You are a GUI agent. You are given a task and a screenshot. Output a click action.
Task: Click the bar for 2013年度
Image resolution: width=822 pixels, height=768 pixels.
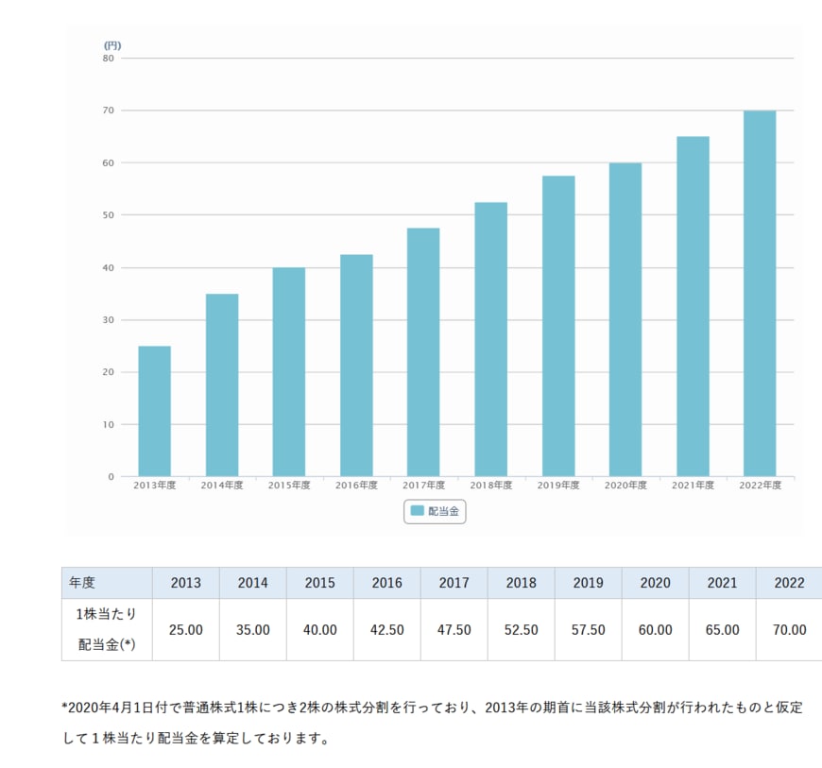(154, 411)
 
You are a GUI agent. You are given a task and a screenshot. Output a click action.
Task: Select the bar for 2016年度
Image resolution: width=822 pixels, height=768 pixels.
(356, 366)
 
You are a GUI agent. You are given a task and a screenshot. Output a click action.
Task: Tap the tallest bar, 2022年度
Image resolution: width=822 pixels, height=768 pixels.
(760, 294)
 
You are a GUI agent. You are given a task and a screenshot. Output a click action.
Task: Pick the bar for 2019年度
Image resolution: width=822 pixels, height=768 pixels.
(557, 326)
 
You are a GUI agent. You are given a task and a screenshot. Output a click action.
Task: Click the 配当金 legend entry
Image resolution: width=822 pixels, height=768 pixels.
(435, 511)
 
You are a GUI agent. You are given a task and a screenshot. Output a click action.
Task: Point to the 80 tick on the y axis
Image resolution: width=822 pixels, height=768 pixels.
(109, 58)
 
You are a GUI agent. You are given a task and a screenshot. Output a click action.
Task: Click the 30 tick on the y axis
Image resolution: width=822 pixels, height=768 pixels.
(109, 319)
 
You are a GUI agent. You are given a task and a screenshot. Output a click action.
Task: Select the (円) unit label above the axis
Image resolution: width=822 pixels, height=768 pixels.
(111, 44)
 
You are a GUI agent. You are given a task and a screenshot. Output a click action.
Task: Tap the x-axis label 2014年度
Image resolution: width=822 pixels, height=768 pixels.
(222, 486)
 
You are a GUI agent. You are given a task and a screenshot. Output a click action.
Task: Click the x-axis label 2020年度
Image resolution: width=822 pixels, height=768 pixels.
(625, 486)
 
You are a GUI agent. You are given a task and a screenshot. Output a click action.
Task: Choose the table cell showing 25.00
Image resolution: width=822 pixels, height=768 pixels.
(186, 629)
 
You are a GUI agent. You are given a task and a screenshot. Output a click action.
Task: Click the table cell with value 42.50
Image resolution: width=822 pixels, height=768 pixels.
(387, 629)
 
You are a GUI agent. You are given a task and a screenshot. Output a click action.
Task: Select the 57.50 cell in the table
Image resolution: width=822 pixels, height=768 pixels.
(589, 629)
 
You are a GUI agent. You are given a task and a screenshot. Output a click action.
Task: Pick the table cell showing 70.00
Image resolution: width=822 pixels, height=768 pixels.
(789, 629)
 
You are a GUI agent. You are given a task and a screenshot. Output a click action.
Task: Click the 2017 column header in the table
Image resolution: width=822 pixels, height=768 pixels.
(454, 583)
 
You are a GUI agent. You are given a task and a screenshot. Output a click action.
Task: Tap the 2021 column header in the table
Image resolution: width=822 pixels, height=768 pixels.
(723, 583)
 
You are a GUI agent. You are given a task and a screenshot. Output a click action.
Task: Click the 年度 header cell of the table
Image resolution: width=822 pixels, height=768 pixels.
(82, 583)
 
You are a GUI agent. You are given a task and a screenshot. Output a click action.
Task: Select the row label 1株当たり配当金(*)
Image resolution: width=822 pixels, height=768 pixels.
(107, 629)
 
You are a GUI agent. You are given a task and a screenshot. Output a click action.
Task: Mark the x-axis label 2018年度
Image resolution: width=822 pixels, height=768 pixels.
(491, 486)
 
